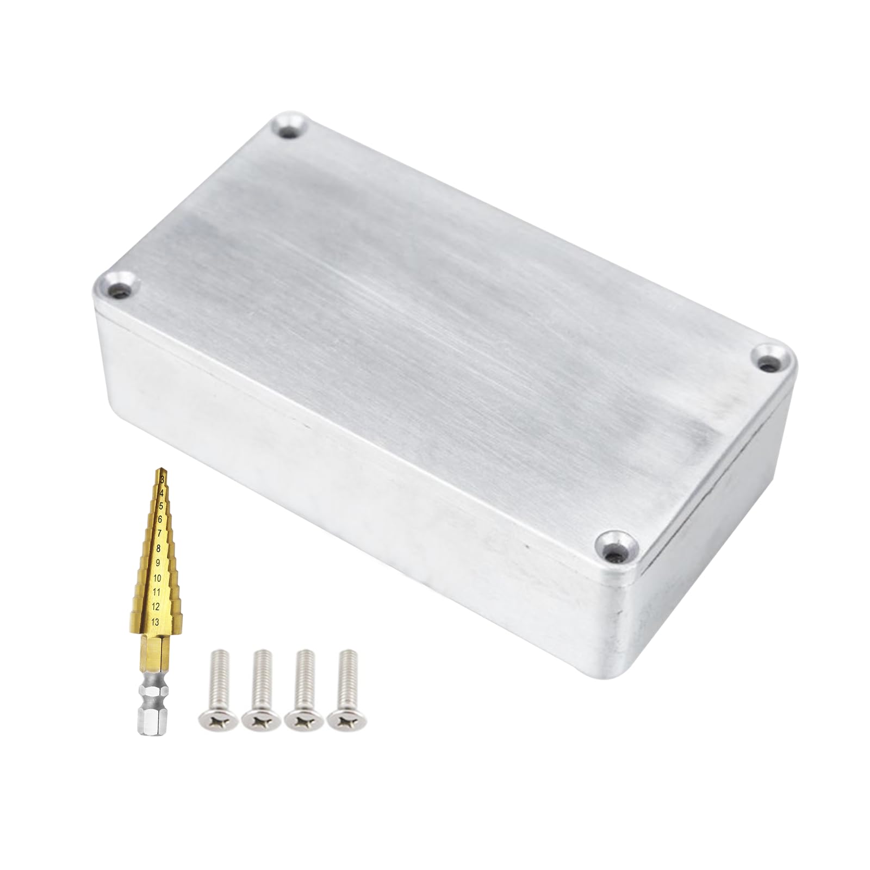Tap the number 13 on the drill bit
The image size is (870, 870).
coord(156,622)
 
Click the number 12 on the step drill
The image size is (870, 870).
coord(156,606)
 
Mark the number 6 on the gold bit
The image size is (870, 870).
coord(160,520)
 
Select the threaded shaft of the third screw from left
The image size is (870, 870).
coord(304,677)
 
